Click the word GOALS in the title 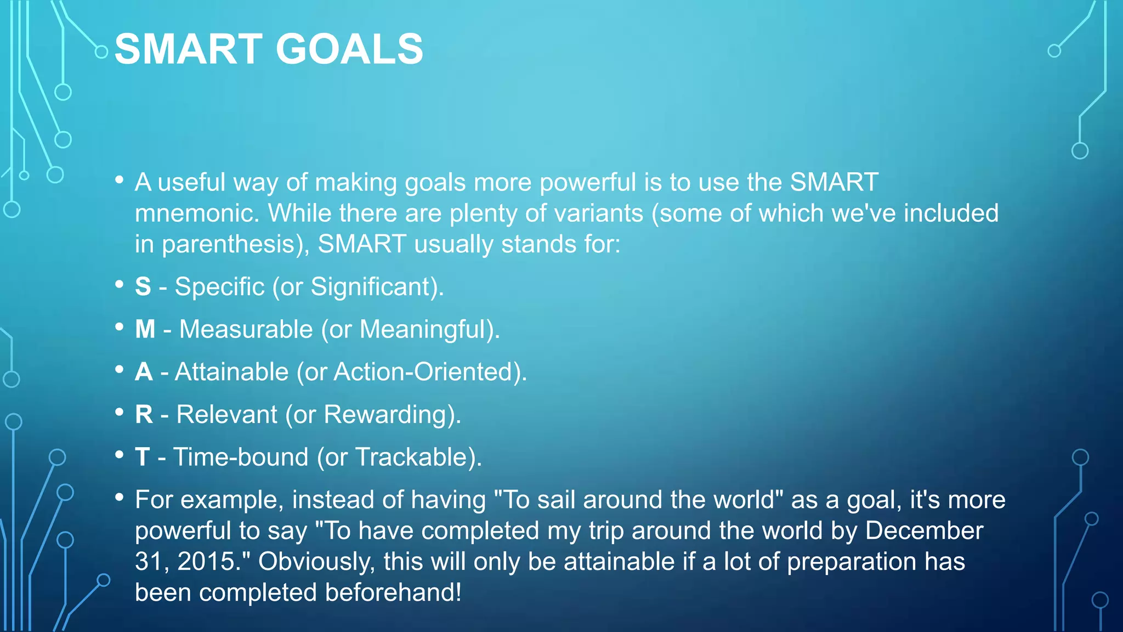349,49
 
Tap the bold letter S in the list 143,287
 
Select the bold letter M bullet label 145,329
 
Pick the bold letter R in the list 144,415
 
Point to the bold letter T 142,457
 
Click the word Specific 219,287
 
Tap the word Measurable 246,329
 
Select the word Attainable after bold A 231,372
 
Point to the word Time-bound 241,457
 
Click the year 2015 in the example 206,562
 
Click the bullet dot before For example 120,498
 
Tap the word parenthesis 228,245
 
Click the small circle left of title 101,52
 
